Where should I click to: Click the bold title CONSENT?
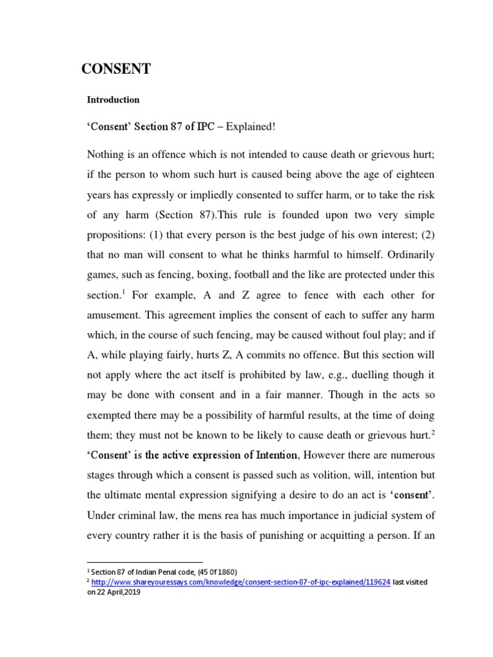[116, 70]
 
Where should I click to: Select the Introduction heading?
[113, 100]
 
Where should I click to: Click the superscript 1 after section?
[122, 293]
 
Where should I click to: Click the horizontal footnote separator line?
[144, 562]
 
